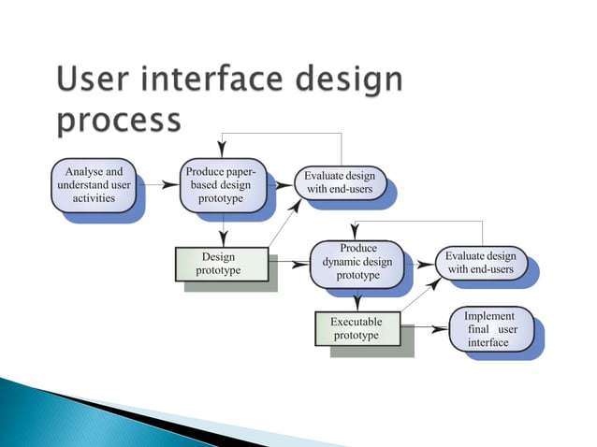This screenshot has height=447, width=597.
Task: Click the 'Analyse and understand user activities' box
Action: click(x=94, y=185)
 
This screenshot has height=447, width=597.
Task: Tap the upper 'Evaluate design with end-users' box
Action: click(x=340, y=183)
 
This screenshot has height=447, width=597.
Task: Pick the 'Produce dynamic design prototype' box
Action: click(x=357, y=263)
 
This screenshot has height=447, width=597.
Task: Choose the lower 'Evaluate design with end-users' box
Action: click(x=480, y=263)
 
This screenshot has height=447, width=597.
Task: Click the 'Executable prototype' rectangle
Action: click(x=357, y=328)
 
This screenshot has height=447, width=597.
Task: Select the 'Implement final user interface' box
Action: click(x=490, y=330)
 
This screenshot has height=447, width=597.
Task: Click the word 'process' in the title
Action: click(x=120, y=122)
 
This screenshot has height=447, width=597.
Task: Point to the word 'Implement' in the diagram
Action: click(x=489, y=317)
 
